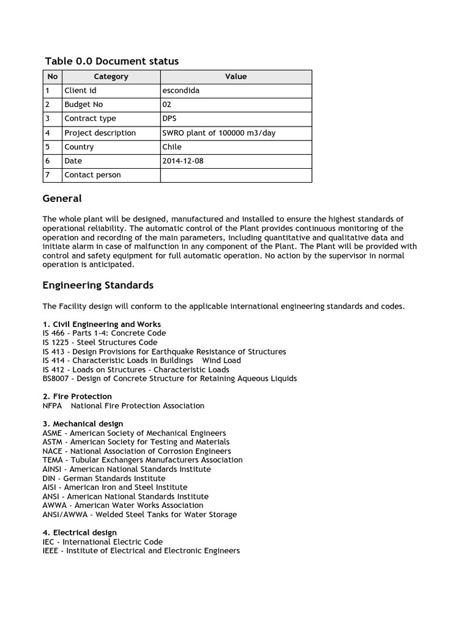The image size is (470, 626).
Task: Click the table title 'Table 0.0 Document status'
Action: click(112, 61)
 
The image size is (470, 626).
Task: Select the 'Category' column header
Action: click(111, 76)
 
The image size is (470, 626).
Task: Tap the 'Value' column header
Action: click(236, 76)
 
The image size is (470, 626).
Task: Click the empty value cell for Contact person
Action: click(236, 175)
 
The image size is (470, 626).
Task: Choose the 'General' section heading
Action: click(62, 199)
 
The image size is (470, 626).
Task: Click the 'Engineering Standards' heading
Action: click(98, 285)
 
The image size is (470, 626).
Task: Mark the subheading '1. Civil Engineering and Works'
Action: click(102, 324)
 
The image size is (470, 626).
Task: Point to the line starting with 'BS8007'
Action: click(170, 378)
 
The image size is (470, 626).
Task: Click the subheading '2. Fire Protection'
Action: click(77, 396)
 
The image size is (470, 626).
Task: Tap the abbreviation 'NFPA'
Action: click(53, 405)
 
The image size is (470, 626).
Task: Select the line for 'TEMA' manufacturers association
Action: click(143, 460)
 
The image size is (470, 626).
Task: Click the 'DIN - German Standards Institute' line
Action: click(104, 478)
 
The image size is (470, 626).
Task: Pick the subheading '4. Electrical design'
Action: click(80, 532)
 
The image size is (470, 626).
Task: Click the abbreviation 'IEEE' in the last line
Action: click(51, 551)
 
